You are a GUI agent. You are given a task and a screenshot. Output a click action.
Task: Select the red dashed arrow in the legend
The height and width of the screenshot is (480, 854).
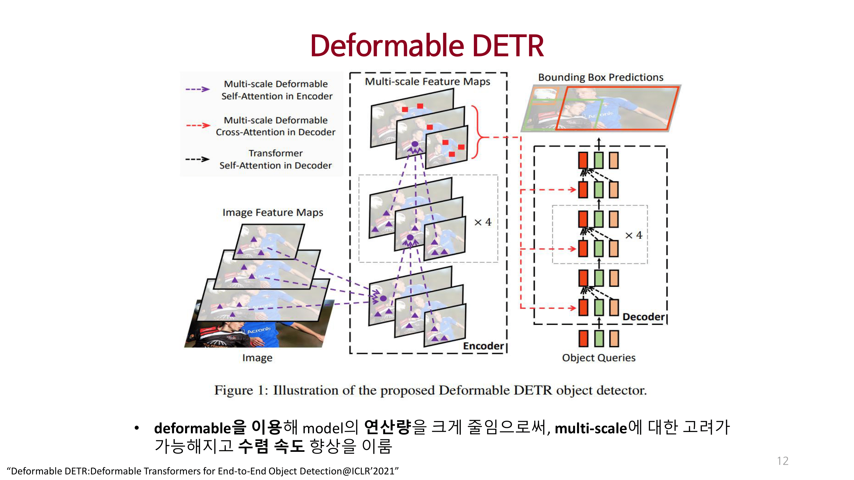click(198, 125)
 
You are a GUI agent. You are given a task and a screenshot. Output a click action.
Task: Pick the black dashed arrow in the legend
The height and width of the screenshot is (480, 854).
click(198, 159)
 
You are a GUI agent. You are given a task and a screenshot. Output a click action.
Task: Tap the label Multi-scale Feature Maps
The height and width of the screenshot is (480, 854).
click(427, 82)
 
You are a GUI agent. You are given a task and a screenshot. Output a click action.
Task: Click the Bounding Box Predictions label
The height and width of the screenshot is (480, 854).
click(600, 77)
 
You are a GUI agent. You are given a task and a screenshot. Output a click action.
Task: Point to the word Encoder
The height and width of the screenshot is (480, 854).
click(483, 346)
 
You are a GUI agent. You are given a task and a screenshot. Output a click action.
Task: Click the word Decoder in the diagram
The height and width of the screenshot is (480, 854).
click(643, 317)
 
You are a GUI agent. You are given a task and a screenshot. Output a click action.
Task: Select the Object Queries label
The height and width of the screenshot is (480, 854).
click(598, 358)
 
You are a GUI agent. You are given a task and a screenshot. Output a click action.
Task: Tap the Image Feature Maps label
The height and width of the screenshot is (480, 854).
click(272, 212)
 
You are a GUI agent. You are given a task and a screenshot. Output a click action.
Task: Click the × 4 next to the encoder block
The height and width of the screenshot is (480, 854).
click(483, 222)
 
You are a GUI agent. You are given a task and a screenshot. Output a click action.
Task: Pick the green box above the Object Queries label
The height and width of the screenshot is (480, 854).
click(599, 339)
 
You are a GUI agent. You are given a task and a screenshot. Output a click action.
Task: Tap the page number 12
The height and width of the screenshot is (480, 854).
click(782, 461)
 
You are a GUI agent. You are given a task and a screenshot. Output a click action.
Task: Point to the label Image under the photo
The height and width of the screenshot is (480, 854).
click(257, 358)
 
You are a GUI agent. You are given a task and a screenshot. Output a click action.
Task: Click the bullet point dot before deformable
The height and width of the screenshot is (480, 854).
click(137, 428)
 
